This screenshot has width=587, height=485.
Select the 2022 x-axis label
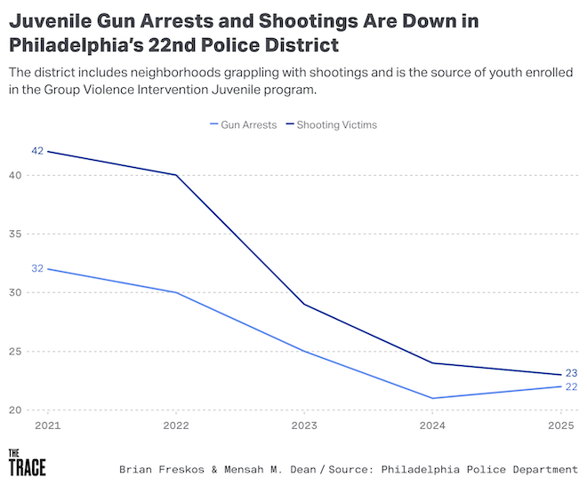click(x=175, y=425)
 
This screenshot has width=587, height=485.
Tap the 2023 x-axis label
click(x=304, y=425)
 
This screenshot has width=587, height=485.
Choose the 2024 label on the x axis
click(x=433, y=425)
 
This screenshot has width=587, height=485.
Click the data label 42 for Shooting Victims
click(x=37, y=151)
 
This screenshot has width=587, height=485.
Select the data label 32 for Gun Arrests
click(x=37, y=268)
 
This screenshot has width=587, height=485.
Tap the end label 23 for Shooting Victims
click(x=572, y=373)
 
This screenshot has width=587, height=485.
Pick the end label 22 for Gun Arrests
click(x=572, y=387)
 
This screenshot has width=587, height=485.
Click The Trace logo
click(x=27, y=462)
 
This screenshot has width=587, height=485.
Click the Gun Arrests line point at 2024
click(x=433, y=398)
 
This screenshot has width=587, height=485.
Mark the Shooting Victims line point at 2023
click(x=304, y=305)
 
